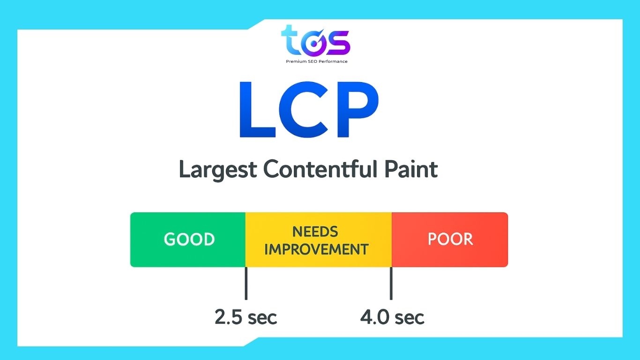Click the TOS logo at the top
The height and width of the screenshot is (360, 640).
click(x=316, y=41)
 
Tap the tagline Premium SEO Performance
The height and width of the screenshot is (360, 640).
click(x=317, y=61)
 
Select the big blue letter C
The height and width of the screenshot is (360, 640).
click(x=305, y=110)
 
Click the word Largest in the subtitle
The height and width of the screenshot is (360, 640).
click(x=218, y=169)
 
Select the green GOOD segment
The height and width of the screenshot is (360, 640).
click(x=188, y=240)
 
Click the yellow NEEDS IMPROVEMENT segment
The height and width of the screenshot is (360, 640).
click(x=318, y=240)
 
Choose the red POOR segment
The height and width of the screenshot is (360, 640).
click(x=450, y=240)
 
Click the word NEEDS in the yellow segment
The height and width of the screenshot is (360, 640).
click(x=315, y=232)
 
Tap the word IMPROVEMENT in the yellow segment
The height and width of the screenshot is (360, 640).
click(x=316, y=249)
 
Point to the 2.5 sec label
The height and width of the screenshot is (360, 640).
click(x=246, y=317)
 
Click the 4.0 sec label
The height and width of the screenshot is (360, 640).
click(x=392, y=317)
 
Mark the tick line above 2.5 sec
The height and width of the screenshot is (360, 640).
click(x=246, y=284)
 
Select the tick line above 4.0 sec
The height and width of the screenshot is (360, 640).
click(x=391, y=284)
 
